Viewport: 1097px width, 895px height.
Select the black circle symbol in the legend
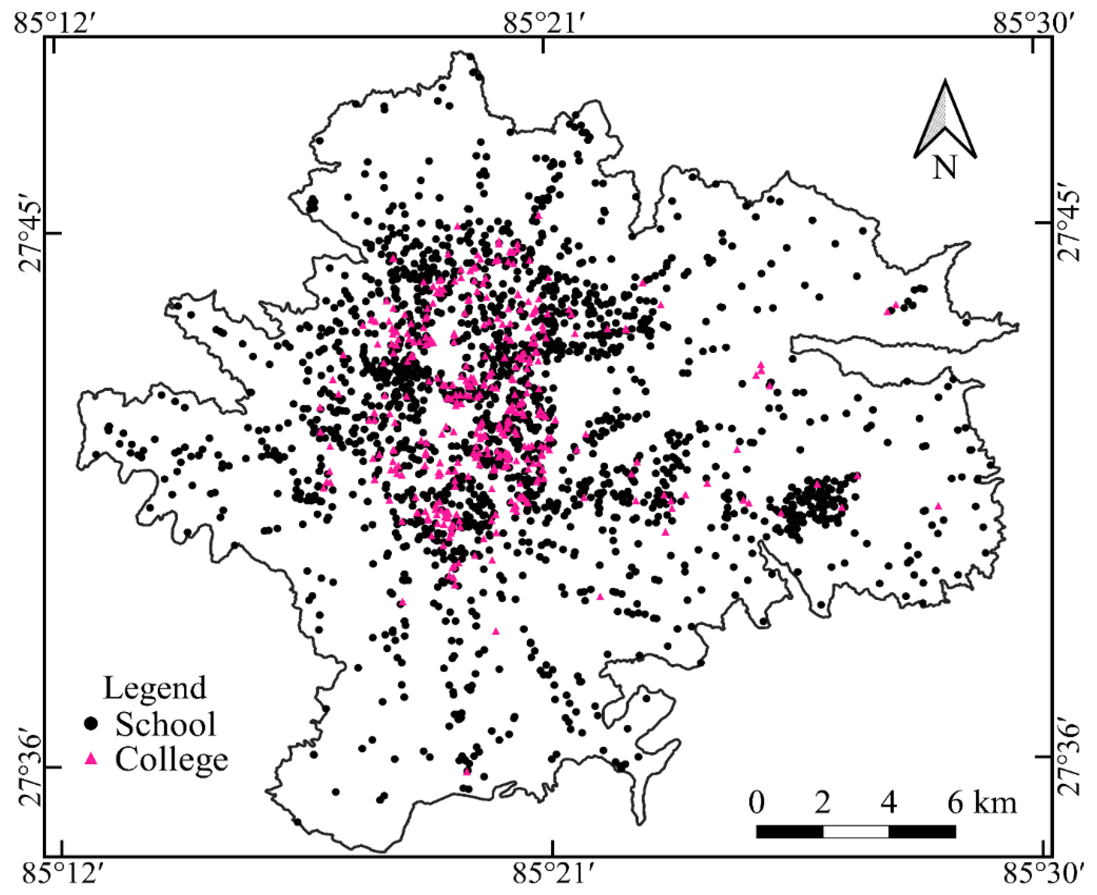91,723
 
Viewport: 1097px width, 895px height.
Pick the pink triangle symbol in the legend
91,758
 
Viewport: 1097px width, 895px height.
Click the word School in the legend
165,724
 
